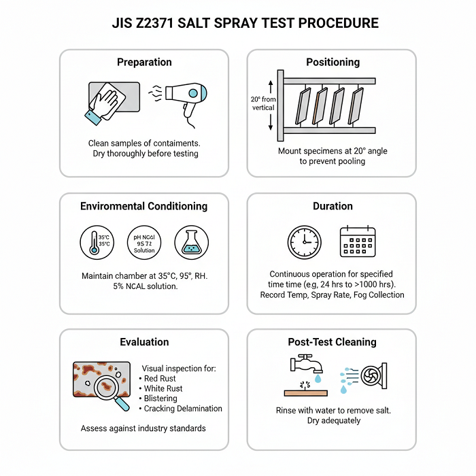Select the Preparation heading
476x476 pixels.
144,62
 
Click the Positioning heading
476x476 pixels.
333,62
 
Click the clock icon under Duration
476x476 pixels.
303,242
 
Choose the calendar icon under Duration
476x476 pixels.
358,241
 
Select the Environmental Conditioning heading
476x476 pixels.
143,206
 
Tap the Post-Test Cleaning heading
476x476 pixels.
332,342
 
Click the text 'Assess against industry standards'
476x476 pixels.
143,428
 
